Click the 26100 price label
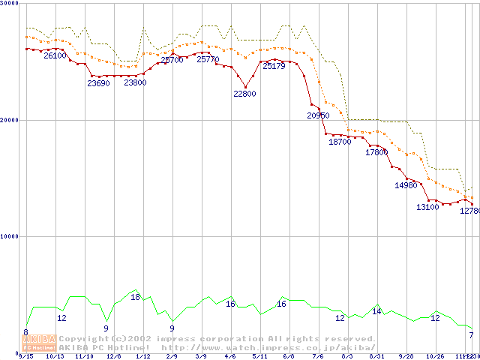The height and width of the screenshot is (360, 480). click(x=55, y=55)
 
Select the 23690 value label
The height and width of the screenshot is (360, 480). click(x=98, y=83)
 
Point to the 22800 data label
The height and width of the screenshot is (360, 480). click(x=244, y=94)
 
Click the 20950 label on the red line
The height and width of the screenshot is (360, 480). click(x=318, y=115)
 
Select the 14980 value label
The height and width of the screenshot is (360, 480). click(x=405, y=185)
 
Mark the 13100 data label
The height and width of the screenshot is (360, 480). click(x=427, y=207)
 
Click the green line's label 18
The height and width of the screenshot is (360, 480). click(x=135, y=297)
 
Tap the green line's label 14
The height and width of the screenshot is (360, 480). click(x=376, y=311)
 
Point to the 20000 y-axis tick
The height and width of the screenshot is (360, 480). click(x=9, y=120)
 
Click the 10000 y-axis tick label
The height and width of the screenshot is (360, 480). click(x=9, y=236)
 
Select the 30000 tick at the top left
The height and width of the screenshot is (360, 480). click(x=9, y=4)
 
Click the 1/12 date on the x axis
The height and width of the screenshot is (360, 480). click(x=142, y=356)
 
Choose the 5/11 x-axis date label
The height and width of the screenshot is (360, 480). click(x=259, y=356)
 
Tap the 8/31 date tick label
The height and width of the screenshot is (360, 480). click(x=376, y=356)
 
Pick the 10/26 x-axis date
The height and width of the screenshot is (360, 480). click(x=435, y=356)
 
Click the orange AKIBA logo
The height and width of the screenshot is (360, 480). click(x=39, y=343)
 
